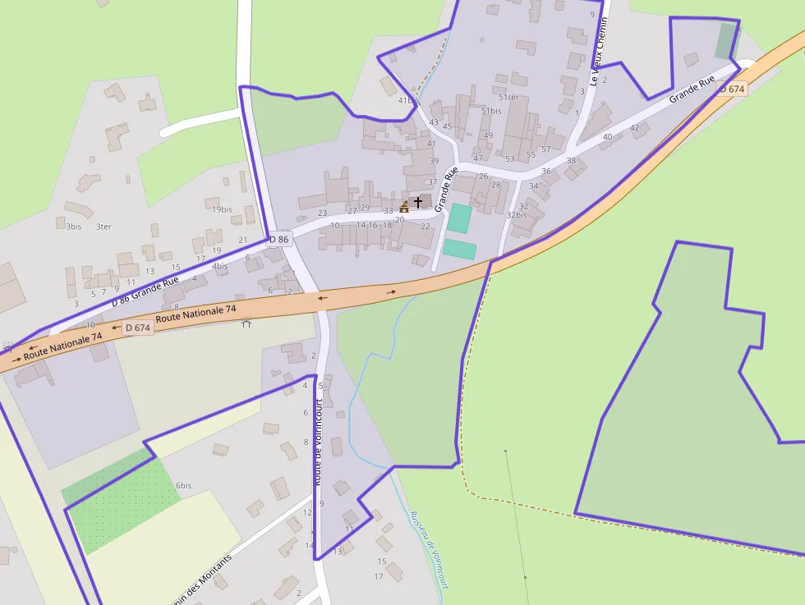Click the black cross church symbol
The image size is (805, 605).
[x=417, y=201]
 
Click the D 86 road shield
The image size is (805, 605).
[x=279, y=240]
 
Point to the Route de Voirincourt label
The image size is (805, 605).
[x=317, y=442]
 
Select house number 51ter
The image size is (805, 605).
[x=508, y=98]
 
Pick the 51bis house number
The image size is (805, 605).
[x=491, y=111]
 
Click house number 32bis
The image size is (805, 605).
[x=516, y=215]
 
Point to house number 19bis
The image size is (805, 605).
[x=222, y=209]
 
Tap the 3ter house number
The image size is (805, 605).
[x=103, y=227]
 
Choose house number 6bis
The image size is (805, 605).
[x=183, y=485]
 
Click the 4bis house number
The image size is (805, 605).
[x=219, y=266]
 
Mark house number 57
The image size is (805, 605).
[x=546, y=149]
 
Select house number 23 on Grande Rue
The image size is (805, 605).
[x=322, y=213]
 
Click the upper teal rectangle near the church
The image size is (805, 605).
[x=460, y=218]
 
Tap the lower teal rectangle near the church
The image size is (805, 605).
[x=459, y=249]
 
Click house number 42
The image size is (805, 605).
[x=634, y=127]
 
